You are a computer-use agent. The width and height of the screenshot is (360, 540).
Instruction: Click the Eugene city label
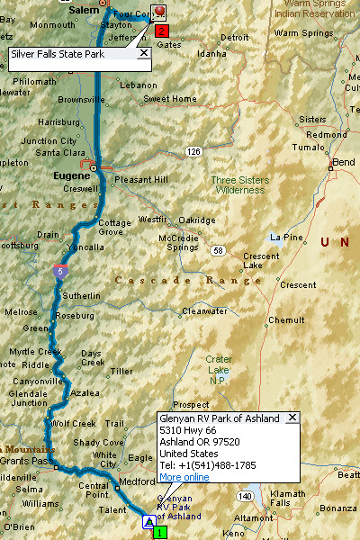[x=72, y=151]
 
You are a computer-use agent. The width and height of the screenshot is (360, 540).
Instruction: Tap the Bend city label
[x=344, y=162]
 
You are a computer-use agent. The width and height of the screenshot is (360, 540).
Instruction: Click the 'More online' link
[x=184, y=477]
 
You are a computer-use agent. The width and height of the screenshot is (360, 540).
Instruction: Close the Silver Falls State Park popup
[x=142, y=54]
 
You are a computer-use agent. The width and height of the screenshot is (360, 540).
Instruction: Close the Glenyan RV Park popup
[x=292, y=418]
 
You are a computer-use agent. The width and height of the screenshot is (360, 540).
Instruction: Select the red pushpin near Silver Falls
[x=159, y=13]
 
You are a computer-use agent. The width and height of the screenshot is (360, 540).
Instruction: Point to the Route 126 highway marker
[x=193, y=152]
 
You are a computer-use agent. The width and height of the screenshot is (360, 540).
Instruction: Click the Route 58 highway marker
[x=219, y=250]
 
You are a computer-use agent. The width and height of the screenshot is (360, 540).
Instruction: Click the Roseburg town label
[x=75, y=316]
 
